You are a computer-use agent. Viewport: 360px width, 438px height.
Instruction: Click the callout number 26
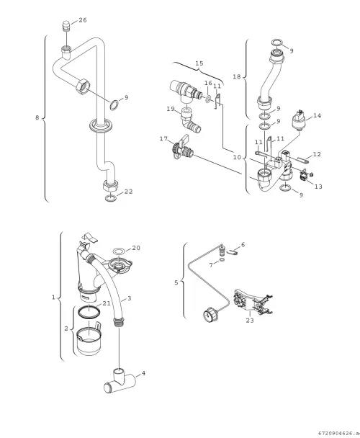click(83, 20)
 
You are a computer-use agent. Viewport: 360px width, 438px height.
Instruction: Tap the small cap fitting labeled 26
click(66, 26)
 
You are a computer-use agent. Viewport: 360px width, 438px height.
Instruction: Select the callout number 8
click(37, 117)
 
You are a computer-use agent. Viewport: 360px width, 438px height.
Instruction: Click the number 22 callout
click(128, 192)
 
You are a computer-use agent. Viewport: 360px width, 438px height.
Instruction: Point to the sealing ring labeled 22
click(111, 199)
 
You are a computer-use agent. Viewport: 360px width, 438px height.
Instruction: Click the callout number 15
click(199, 63)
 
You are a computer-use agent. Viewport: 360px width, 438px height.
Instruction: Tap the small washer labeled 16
click(208, 99)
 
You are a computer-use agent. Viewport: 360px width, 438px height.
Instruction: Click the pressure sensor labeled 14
click(299, 121)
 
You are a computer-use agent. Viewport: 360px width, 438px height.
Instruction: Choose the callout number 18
click(237, 76)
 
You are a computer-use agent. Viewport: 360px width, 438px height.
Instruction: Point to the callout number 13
click(318, 187)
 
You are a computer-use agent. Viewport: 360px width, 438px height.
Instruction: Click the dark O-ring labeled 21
click(89, 313)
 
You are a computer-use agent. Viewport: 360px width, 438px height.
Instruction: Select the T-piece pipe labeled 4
click(120, 381)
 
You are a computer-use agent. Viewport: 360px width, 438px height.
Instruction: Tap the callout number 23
click(250, 321)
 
